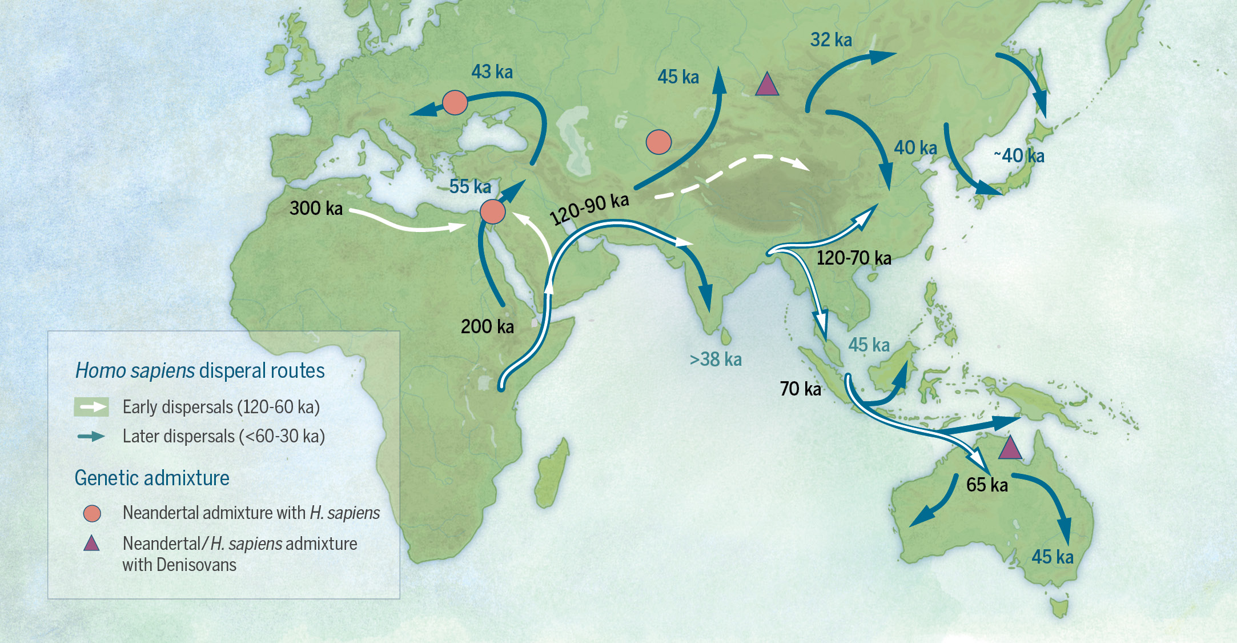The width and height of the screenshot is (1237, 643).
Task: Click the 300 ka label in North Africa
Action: pyautogui.click(x=316, y=208)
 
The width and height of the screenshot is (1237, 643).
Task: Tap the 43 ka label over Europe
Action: pyautogui.click(x=492, y=72)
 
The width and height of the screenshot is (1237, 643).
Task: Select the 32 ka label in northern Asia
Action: pyautogui.click(x=831, y=40)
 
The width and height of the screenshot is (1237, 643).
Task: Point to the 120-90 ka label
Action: pyautogui.click(x=589, y=209)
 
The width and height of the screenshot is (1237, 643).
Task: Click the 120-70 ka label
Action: pyautogui.click(x=854, y=258)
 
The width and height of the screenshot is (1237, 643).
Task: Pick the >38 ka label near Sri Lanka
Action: pyautogui.click(x=716, y=360)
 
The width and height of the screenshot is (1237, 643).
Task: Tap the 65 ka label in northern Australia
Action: pyautogui.click(x=987, y=485)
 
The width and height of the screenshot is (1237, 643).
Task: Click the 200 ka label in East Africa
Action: pyautogui.click(x=487, y=327)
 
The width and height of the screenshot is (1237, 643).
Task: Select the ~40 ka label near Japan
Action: pyautogui.click(x=1019, y=155)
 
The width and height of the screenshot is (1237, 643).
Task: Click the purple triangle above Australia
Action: pyautogui.click(x=1010, y=449)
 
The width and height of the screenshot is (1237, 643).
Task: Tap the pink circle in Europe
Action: pyautogui.click(x=455, y=103)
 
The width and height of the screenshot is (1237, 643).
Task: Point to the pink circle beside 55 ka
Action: pyautogui.click(x=492, y=212)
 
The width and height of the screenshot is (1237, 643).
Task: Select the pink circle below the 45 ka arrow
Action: pyautogui.click(x=658, y=142)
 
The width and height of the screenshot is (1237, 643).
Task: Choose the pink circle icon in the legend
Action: pyautogui.click(x=92, y=513)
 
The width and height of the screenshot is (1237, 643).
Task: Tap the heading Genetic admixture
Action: pyautogui.click(x=152, y=478)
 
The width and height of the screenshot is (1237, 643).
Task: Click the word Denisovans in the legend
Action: pyautogui.click(x=196, y=565)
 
